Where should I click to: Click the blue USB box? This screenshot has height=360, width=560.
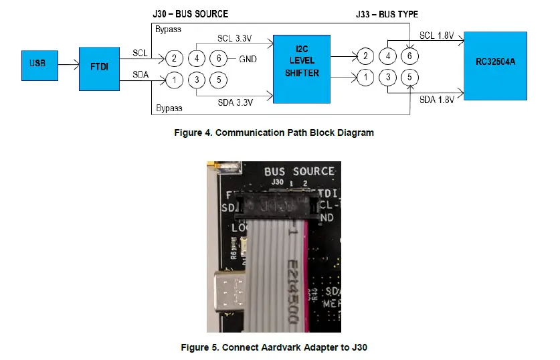tap(37, 65)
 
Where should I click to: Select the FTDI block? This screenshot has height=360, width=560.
tap(98, 69)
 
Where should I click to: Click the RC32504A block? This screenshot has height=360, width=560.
tap(495, 65)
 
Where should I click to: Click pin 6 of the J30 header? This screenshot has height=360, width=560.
tap(218, 58)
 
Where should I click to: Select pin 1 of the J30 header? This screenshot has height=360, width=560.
tap(174, 80)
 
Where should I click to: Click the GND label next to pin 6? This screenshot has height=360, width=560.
tap(248, 59)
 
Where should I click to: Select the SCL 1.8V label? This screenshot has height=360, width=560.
tap(437, 35)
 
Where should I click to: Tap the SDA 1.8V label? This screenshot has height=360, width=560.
tap(437, 100)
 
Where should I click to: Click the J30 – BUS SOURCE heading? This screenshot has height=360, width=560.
tap(191, 13)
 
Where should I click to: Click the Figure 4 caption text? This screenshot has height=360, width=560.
tap(274, 132)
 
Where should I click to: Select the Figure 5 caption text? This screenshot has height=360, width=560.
tap(274, 347)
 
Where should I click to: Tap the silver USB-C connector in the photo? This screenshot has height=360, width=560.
tap(231, 292)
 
